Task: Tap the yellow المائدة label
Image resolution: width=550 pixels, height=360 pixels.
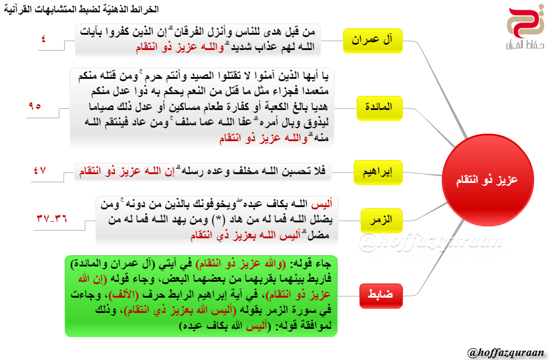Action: (380, 107)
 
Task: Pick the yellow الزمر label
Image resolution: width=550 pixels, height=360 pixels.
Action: (384, 220)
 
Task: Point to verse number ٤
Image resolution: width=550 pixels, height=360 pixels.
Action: (43, 39)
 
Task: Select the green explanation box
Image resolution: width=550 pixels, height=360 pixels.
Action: (201, 295)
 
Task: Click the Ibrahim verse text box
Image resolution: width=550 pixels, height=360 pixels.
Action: (204, 172)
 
